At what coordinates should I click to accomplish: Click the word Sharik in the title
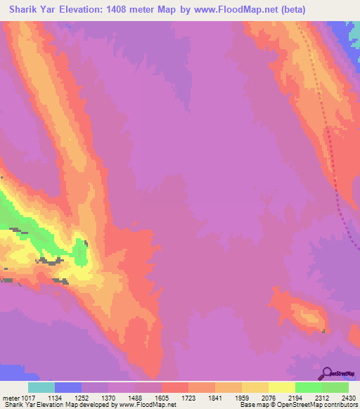tap(20, 9)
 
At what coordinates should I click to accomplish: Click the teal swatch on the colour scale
tap(41, 387)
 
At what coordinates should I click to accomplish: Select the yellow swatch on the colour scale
tap(282, 387)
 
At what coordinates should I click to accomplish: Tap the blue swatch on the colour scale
tap(68, 387)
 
